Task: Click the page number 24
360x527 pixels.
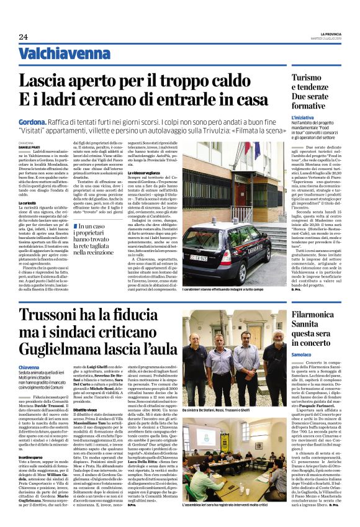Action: pyautogui.click(x=22, y=37)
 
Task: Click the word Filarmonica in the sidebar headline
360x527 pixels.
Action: pyautogui.click(x=317, y=315)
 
